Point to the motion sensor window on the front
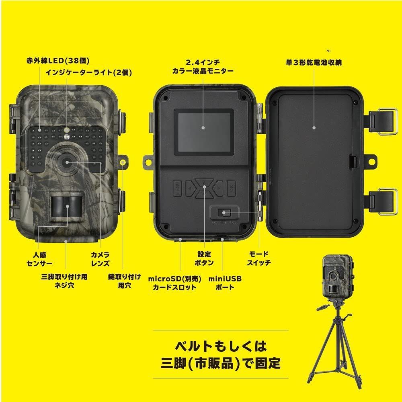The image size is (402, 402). click(66, 206)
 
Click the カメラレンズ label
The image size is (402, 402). click(100, 259)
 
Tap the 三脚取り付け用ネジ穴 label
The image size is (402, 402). click(64, 281)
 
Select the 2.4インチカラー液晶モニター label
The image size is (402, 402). click(203, 67)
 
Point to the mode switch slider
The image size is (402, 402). click(224, 213)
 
